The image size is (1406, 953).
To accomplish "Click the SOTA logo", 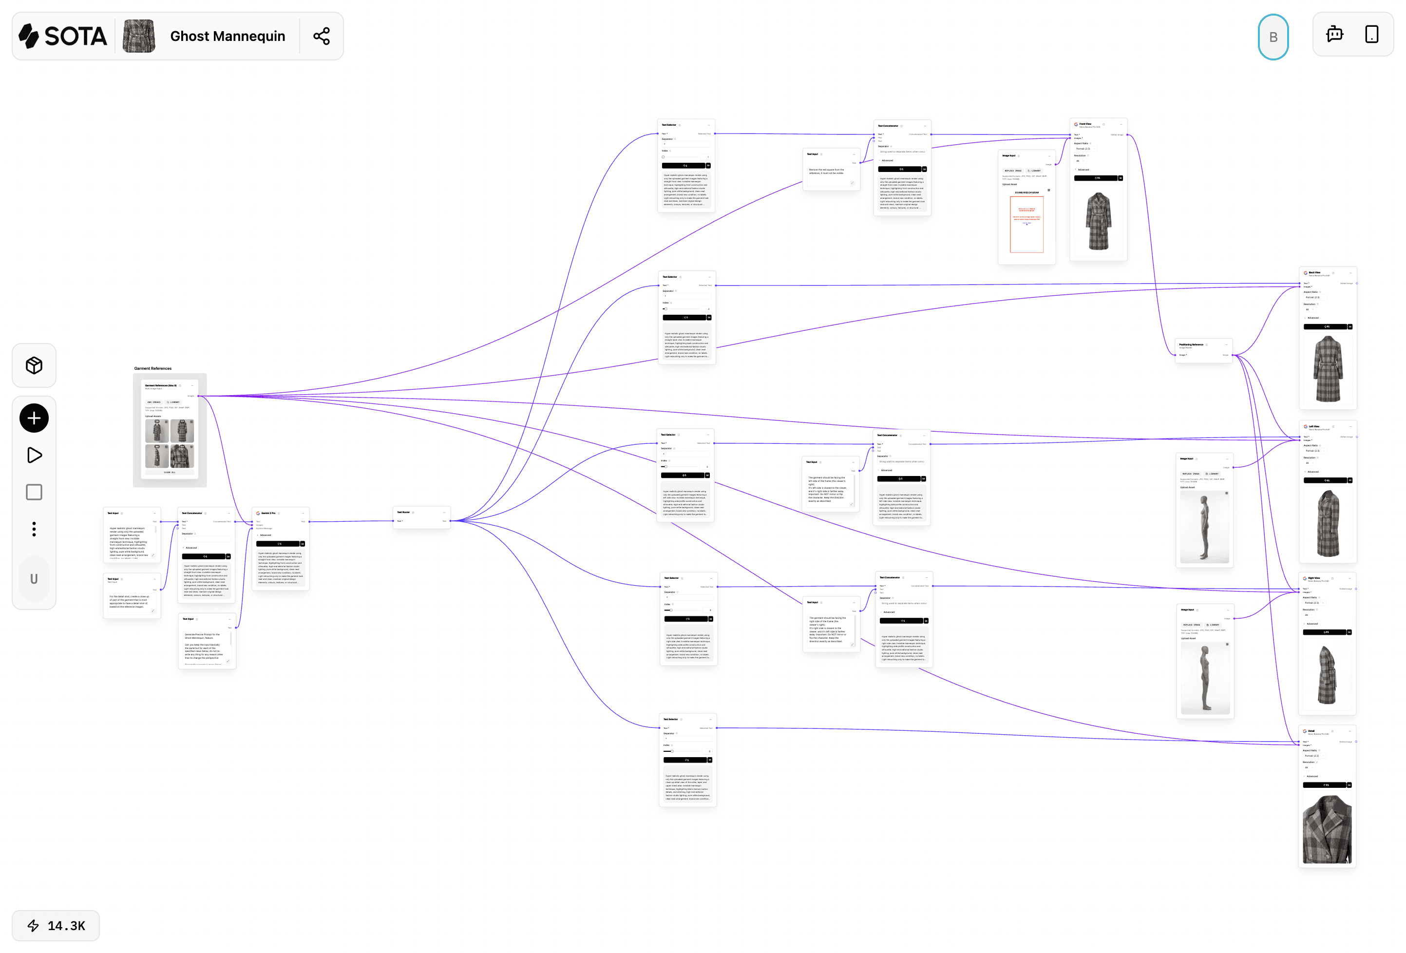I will (63, 37).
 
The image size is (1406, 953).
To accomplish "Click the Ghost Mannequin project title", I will (228, 37).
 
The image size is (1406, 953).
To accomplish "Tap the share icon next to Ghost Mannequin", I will (321, 37).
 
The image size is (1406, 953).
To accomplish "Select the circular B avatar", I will (1273, 37).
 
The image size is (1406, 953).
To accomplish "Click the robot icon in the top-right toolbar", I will (1334, 35).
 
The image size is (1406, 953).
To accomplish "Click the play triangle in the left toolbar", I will (35, 455).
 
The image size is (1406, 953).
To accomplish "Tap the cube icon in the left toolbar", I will (34, 365).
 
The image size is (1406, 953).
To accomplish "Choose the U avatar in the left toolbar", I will (34, 579).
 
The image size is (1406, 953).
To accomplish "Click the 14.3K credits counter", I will (56, 925).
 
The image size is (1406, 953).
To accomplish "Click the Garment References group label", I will (153, 368).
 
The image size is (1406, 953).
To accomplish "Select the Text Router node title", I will (403, 513).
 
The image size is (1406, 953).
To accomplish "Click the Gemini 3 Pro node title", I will (268, 513).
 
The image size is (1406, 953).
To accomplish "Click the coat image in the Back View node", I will (1328, 369).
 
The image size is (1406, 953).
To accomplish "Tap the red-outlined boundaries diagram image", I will (1026, 225).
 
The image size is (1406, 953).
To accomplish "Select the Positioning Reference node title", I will (1191, 344).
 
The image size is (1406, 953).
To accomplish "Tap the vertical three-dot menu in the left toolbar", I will (34, 529).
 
